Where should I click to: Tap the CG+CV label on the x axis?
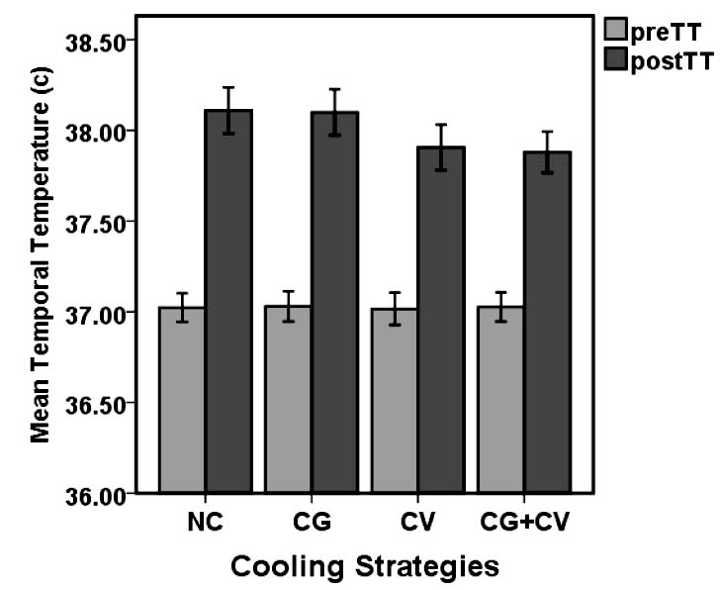(x=524, y=521)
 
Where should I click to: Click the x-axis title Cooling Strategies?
(x=364, y=567)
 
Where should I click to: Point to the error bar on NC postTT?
(x=228, y=110)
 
